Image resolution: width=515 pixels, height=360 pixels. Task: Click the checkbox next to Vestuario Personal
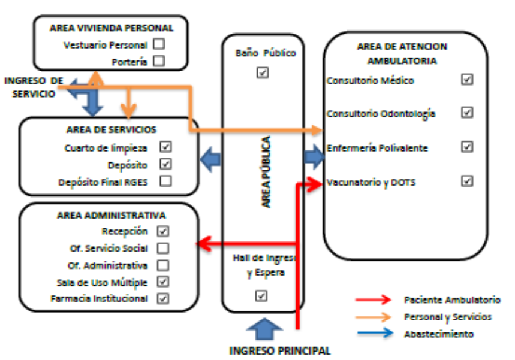click(159, 44)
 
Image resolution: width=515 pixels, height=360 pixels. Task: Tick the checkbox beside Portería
click(159, 61)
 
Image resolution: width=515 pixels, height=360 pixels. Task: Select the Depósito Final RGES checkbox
click(165, 181)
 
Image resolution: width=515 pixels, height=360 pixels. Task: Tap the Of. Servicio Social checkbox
click(163, 248)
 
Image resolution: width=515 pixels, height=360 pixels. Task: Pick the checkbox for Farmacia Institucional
click(163, 298)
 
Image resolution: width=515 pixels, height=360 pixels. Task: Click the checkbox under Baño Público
click(262, 73)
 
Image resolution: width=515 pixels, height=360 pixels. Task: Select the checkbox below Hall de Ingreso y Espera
click(261, 295)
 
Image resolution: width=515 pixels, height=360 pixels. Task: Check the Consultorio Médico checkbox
click(468, 79)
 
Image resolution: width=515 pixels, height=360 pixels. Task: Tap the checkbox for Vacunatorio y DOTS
click(468, 180)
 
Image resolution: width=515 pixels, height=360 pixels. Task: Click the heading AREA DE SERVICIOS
click(112, 129)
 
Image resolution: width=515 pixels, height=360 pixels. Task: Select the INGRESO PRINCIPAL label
click(279, 350)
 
